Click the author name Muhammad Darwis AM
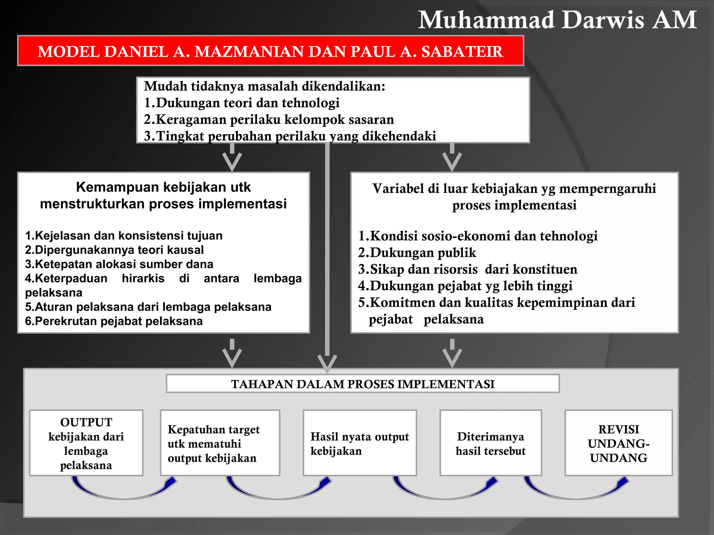pos(557,20)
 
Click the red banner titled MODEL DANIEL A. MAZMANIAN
pos(271,51)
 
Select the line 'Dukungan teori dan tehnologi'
pos(242,103)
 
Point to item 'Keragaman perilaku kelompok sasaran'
pos(269,119)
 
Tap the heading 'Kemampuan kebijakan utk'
pos(163,187)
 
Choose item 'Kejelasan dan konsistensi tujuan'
pos(124,236)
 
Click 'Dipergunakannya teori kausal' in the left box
pos(114,250)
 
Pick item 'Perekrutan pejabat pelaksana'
pos(114,321)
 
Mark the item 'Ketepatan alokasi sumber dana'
pos(119,264)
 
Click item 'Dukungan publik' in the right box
pos(417,253)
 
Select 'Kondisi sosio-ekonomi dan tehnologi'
pos(478,236)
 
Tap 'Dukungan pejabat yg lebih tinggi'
pos(465,286)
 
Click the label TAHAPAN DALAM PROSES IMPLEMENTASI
pos(363,384)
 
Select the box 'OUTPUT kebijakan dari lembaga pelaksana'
pos(86,443)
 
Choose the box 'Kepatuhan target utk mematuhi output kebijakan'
pos(220,443)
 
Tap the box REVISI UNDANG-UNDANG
pos(618,443)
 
